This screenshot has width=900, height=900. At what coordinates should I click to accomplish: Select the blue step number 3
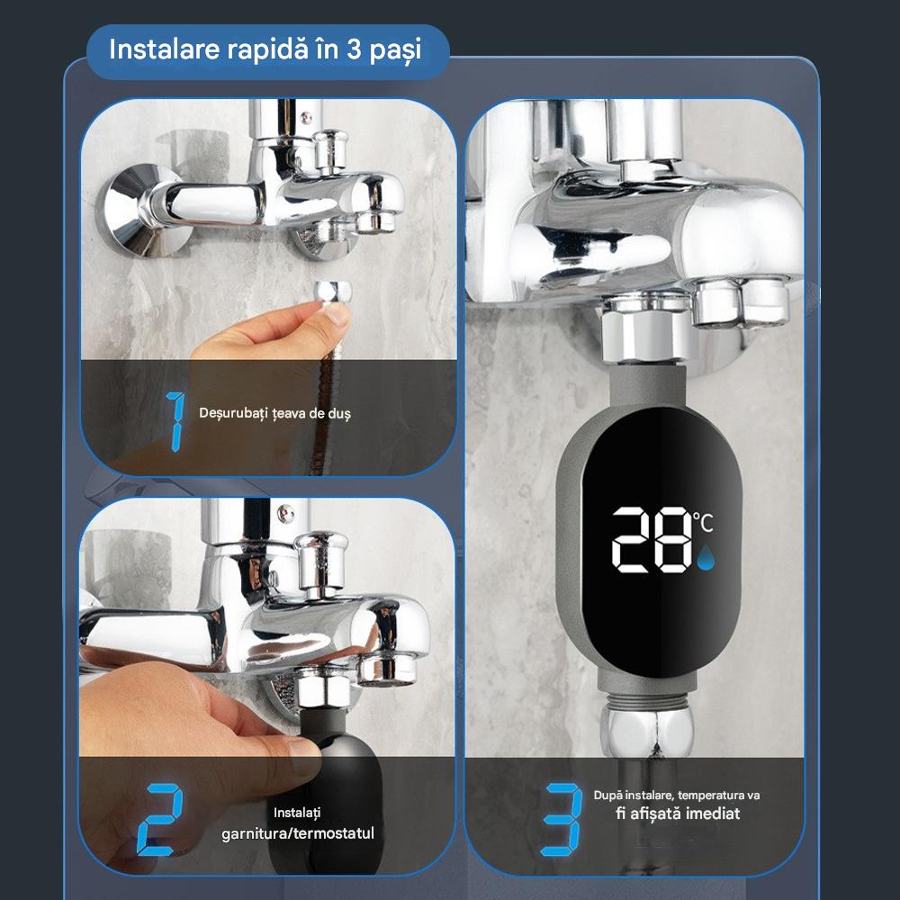tap(560, 820)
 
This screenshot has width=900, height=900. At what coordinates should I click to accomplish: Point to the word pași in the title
tap(396, 50)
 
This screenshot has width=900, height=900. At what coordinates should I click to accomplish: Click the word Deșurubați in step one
tap(229, 413)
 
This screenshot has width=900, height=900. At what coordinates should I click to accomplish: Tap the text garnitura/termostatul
tap(298, 833)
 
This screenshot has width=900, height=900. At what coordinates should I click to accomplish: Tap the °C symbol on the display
tap(705, 521)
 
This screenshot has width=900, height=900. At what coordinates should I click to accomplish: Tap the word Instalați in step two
tap(298, 813)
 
